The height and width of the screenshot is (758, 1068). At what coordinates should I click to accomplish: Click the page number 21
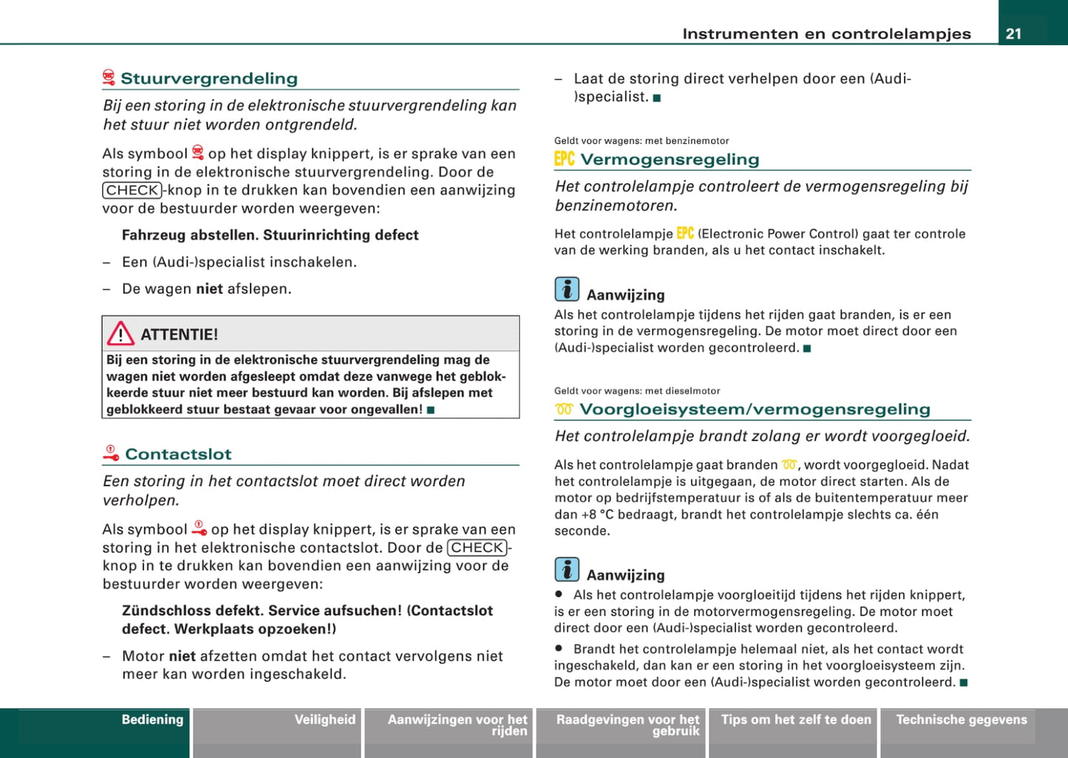pos(1013,33)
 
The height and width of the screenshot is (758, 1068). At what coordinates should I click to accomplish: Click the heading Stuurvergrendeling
pos(209,78)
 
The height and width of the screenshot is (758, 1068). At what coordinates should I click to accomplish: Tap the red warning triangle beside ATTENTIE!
pos(120,334)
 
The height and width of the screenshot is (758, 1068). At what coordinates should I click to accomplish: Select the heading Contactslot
pos(178,454)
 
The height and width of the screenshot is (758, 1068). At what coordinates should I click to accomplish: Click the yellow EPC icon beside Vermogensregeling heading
pos(565,159)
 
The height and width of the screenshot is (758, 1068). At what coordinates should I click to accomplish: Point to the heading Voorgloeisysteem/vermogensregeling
pos(755,409)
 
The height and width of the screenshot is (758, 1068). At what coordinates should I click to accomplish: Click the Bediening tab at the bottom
pos(152,720)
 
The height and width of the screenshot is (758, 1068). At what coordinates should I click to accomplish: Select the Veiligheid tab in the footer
pos(324,720)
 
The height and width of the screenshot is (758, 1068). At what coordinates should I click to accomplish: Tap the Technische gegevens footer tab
pos(961,720)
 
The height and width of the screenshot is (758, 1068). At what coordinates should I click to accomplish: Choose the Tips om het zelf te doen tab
pos(796,720)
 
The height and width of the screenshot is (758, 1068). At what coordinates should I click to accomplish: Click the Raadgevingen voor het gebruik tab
pos(627,725)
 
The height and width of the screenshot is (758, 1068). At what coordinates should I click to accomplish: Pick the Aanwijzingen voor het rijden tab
pos(458,725)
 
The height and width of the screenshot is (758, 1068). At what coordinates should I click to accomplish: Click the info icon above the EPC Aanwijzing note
pos(567,289)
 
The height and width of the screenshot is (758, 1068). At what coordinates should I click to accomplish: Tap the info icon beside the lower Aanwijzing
pos(567,569)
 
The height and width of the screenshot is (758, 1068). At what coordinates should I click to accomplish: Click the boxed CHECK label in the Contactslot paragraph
pos(477,547)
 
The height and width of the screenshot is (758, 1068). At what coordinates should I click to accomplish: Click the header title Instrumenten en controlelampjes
pos(826,33)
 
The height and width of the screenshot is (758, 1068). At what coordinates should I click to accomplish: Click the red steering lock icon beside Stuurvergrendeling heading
pos(109,78)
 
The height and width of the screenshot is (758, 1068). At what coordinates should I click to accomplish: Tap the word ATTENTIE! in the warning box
pos(180,335)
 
